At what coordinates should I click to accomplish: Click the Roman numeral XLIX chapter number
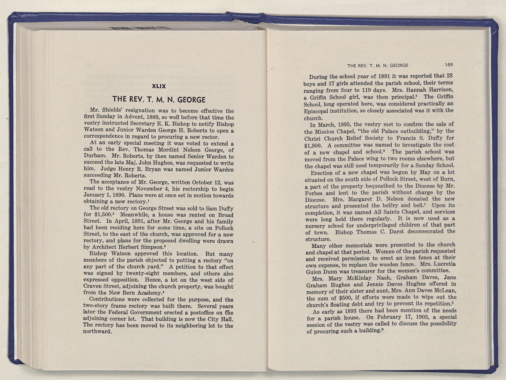[159, 86]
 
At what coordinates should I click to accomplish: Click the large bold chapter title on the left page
[159, 99]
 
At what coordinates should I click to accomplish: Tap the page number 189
[449, 65]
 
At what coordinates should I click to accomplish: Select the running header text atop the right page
[378, 65]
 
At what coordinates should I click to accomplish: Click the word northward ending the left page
[97, 331]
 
